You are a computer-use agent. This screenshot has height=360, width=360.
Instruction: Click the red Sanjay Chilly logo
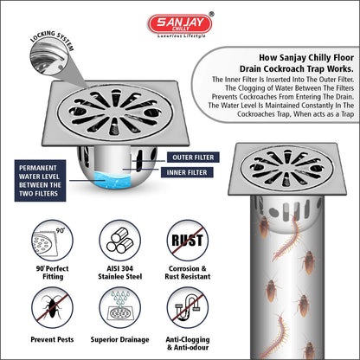coord(180,23)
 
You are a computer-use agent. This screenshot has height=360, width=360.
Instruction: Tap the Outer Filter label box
coord(193,157)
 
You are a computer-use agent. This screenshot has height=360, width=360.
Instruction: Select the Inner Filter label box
coord(187,172)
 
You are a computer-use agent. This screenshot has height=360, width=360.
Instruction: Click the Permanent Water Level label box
coord(40,181)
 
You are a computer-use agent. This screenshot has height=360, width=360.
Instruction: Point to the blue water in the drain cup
coord(112,179)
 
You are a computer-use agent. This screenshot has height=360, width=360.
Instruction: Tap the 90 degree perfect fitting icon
coord(52,241)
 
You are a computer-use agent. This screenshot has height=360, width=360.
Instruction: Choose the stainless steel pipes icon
coord(120,241)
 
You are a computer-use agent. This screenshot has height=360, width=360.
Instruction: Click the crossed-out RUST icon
coord(188,241)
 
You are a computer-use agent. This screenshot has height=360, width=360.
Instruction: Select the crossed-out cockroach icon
coord(52,308)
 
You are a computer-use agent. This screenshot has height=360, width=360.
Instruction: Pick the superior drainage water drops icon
coord(120,308)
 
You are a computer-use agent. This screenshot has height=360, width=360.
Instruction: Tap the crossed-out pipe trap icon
coord(188,308)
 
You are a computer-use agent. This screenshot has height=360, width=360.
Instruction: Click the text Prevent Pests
coord(52,339)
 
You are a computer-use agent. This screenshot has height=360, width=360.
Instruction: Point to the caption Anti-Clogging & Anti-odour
coord(188,344)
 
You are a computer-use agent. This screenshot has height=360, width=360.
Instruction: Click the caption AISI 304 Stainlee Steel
coord(120,273)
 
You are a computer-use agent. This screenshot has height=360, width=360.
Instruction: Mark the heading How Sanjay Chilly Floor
coord(306,58)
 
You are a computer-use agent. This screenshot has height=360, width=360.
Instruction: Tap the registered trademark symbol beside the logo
coord(211,14)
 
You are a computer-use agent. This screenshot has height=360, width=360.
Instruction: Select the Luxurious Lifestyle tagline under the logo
coord(182,36)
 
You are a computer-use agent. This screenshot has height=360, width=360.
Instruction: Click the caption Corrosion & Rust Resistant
coord(188,273)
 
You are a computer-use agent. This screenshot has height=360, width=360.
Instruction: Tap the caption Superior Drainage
coord(120,340)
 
